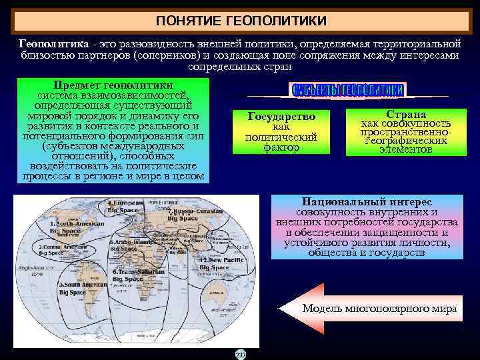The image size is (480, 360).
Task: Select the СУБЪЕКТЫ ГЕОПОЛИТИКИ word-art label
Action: tap(348, 90)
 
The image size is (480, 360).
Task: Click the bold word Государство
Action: tap(281, 117)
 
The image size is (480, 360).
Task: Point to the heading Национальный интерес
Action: tap(367, 201)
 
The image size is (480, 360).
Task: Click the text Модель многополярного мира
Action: tap(379, 309)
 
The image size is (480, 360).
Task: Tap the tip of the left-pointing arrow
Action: tap(281, 309)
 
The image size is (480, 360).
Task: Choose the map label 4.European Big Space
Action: tap(125, 205)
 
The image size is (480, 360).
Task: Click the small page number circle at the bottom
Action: tap(240, 354)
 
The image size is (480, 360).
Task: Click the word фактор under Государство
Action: tap(281, 148)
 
